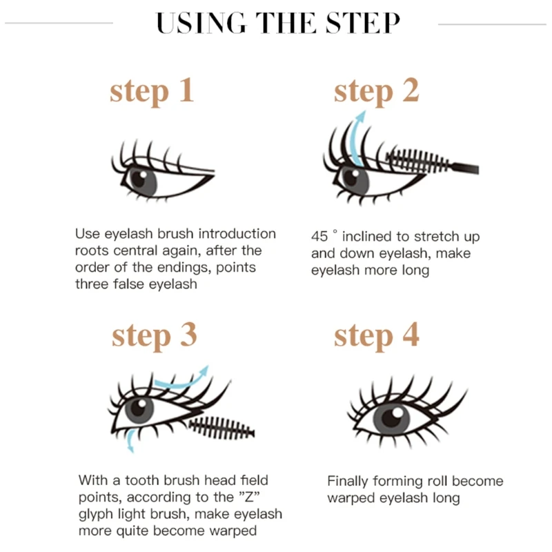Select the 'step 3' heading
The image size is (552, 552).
pos(154,335)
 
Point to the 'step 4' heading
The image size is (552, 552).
pos(376,335)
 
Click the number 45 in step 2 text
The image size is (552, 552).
pos(319,236)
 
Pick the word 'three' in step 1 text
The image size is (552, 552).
pos(92,284)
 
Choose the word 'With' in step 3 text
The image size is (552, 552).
pos(92,480)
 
